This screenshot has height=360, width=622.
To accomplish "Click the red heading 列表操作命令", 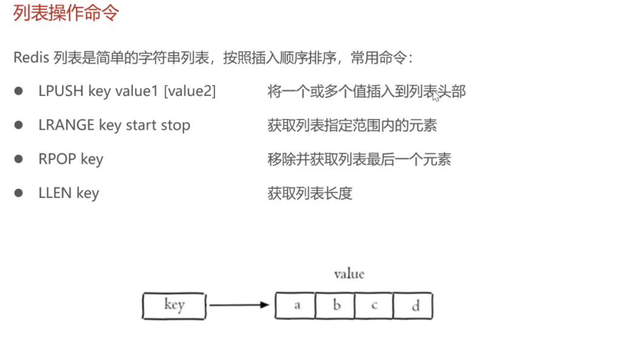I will [66, 13].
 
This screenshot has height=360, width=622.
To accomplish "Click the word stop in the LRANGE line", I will [175, 125].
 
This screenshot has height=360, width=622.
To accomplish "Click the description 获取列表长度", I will [310, 193].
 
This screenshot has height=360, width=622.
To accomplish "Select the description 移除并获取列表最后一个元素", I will [359, 159].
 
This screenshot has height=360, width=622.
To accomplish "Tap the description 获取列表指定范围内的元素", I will [352, 125].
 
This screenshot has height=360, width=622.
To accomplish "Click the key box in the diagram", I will [174, 305].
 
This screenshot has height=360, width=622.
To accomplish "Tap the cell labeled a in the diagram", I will [296, 305].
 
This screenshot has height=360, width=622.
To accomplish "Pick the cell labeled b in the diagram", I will [335, 305].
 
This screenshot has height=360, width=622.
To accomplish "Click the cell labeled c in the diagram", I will [374, 305].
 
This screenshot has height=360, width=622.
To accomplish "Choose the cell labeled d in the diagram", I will [414, 305].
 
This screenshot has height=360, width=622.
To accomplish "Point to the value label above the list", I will [349, 274].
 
